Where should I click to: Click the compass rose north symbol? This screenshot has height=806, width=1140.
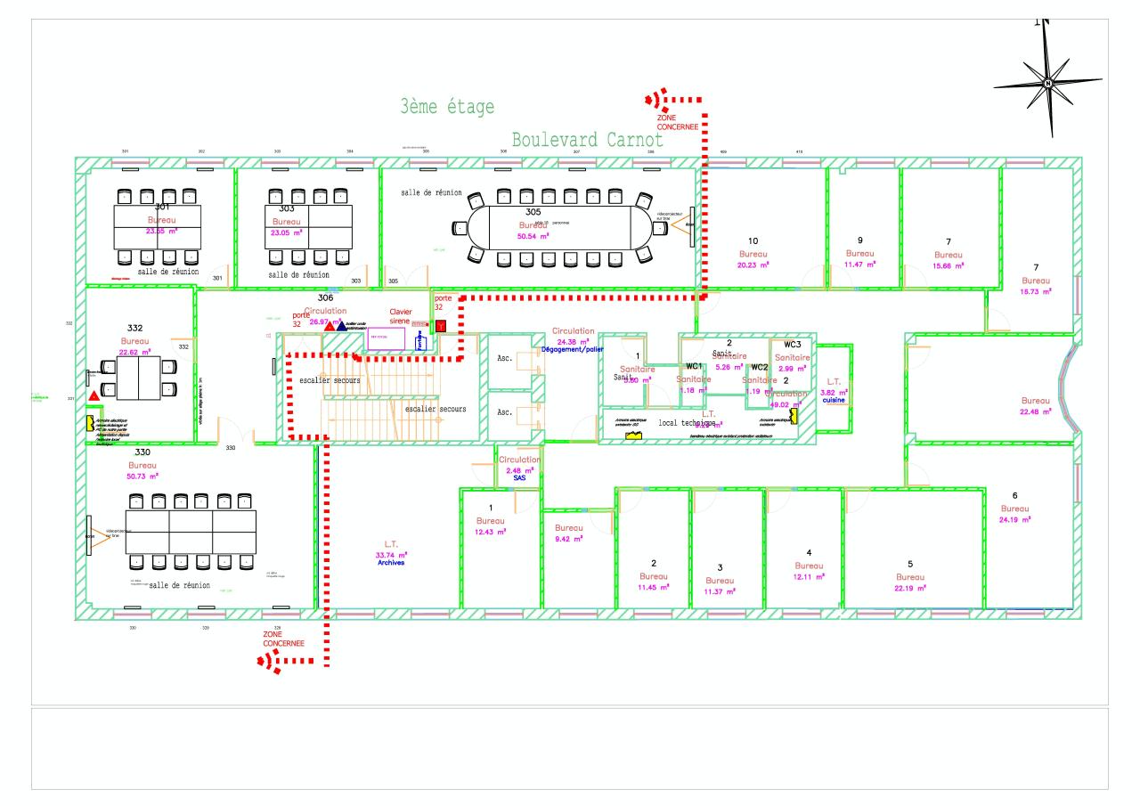[x=1048, y=83]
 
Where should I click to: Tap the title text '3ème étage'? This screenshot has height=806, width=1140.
[x=447, y=108]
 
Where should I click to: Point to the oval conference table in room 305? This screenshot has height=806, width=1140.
[x=561, y=227]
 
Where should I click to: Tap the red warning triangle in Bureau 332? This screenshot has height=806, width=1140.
[x=94, y=395]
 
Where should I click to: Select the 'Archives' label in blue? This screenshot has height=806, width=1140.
[x=391, y=563]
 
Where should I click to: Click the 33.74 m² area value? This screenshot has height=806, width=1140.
[x=391, y=554]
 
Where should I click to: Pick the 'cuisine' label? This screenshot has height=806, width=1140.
[x=834, y=400]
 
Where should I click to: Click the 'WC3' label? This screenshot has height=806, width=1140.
[x=793, y=345]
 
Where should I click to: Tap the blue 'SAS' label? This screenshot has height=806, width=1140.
[x=520, y=477]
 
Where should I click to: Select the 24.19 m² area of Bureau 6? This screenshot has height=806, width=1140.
[x=1014, y=519]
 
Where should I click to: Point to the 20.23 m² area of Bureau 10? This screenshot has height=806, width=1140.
[x=753, y=264]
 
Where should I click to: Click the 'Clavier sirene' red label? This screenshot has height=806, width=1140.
[x=401, y=316]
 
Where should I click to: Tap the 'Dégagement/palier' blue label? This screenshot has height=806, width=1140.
[x=573, y=350]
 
